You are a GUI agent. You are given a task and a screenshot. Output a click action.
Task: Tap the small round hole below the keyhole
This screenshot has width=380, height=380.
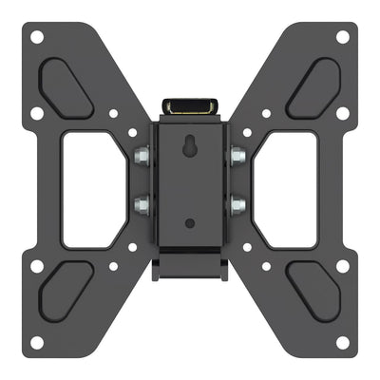[x=190, y=224]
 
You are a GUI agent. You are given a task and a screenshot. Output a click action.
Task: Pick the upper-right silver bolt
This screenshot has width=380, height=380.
[x=237, y=155]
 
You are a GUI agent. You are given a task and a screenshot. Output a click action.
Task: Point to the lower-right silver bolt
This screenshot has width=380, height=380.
[x=237, y=202]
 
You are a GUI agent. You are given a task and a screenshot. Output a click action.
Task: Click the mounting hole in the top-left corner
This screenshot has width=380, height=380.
[x=36, y=38]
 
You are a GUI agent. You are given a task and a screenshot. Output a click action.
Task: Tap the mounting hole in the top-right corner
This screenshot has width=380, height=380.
[x=343, y=38]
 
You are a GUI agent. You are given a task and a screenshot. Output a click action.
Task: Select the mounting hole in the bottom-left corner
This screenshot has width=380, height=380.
[x=36, y=342]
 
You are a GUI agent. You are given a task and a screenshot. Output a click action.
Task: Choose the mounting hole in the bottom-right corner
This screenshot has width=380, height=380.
[x=343, y=342]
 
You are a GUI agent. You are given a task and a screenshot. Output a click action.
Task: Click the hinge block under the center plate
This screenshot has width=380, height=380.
[x=190, y=261]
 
